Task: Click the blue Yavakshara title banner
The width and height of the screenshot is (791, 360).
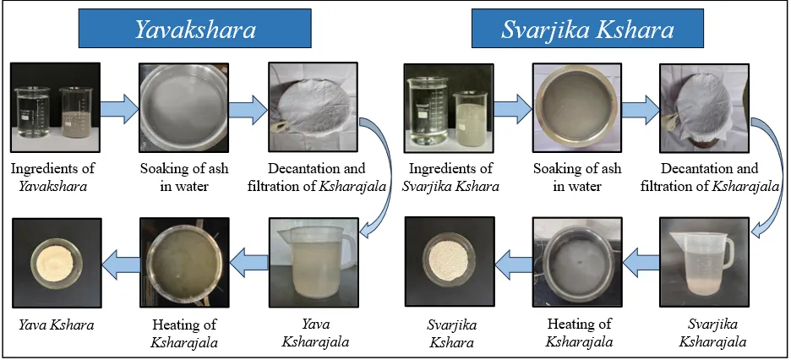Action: tap(194, 28)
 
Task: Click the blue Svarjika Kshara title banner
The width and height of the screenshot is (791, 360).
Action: tap(587, 28)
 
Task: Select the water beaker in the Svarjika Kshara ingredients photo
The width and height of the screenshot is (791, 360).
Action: tap(428, 111)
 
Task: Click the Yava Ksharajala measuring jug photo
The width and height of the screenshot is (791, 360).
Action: tap(313, 262)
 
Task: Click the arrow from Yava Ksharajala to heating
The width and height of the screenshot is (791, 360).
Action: tap(248, 263)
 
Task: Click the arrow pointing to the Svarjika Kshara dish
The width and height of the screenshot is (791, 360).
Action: tap(514, 263)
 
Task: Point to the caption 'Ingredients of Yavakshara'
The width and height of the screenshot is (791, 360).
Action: tap(53, 177)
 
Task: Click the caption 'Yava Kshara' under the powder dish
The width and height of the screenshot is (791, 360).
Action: tap(57, 325)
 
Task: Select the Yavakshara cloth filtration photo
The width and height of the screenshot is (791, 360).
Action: tap(313, 106)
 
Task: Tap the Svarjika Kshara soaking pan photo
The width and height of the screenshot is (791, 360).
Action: tap(576, 108)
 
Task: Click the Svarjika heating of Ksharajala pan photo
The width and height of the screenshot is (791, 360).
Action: tap(577, 262)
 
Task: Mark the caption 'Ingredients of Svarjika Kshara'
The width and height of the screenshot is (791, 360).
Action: tap(450, 177)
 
